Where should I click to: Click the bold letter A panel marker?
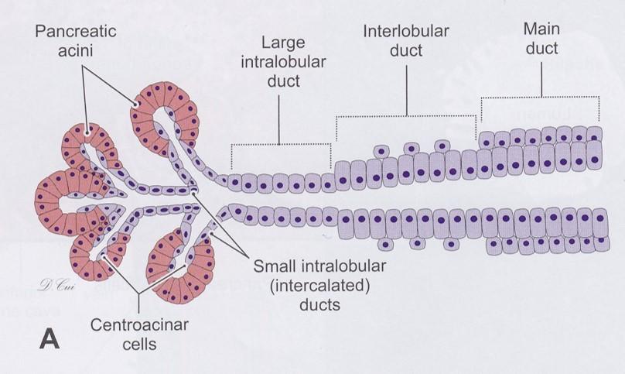pos(46,338)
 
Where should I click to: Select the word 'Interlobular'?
pos(405,33)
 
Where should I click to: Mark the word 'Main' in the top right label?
pos(541,29)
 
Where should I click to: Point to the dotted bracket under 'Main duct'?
pos(541,98)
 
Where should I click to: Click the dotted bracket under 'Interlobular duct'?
pos(406,117)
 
